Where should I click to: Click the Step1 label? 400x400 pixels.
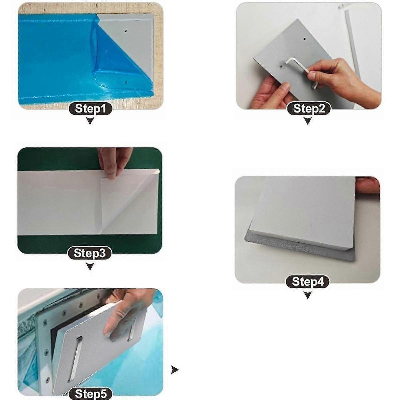point(90,108)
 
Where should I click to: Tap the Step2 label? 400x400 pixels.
point(309,108)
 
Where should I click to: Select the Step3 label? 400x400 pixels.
point(89,253)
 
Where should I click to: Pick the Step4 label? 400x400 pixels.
point(308,282)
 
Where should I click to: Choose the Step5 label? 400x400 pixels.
point(90,393)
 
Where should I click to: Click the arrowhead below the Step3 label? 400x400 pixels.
point(90,266)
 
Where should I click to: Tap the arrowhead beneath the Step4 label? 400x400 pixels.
point(308,295)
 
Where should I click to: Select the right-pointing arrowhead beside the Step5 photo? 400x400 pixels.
point(175,369)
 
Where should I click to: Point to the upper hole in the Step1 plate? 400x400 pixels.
point(126,31)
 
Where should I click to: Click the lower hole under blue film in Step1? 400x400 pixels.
point(126,82)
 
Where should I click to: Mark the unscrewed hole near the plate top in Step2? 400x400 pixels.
point(304,39)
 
